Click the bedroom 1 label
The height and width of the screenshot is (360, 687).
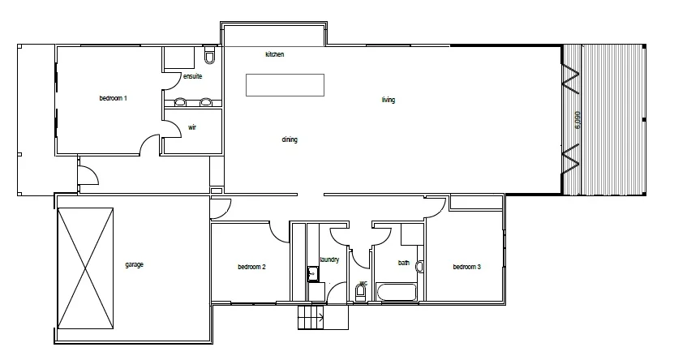tap(114, 98)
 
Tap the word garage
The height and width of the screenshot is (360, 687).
tap(134, 264)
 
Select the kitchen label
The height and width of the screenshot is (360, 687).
tap(275, 54)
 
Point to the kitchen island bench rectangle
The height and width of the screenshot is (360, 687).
tap(285, 84)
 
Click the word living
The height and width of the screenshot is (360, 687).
tap(389, 101)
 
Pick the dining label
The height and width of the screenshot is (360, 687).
tap(290, 139)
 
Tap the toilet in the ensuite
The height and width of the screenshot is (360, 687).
tap(210, 57)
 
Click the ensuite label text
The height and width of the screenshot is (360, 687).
tap(192, 76)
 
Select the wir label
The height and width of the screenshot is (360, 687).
tap(192, 127)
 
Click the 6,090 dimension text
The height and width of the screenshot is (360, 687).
tap(578, 119)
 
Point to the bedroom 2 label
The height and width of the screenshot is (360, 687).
tap(252, 267)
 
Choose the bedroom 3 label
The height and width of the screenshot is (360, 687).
tap(467, 267)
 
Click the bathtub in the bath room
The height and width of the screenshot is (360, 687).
tap(397, 292)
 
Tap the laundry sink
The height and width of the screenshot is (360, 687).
tap(311, 273)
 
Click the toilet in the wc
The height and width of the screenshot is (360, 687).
tap(361, 294)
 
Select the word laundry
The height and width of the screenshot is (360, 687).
tap(329, 259)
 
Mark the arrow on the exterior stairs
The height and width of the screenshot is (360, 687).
tap(320, 317)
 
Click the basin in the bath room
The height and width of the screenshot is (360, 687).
tap(419, 266)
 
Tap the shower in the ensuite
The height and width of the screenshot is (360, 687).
tap(178, 58)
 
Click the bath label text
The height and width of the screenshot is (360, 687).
tap(404, 263)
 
